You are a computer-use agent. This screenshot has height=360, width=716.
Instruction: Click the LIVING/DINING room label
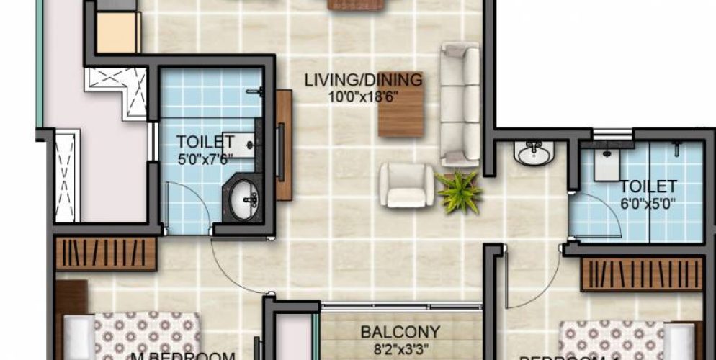click(362, 80)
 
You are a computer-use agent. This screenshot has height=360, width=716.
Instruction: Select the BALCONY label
click(400, 332)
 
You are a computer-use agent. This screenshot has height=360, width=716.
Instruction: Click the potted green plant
click(459, 191)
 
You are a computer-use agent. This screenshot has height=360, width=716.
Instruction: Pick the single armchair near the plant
click(406, 185)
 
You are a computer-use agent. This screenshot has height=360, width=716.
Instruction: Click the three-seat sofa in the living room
click(460, 104)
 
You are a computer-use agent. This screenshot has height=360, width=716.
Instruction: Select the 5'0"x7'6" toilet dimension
click(207, 156)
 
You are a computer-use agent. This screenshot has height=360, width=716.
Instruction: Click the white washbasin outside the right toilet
click(534, 153)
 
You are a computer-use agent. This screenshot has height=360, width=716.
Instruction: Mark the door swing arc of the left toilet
click(189, 209)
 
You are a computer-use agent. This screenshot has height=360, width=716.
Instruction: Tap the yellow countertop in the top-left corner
click(118, 32)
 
